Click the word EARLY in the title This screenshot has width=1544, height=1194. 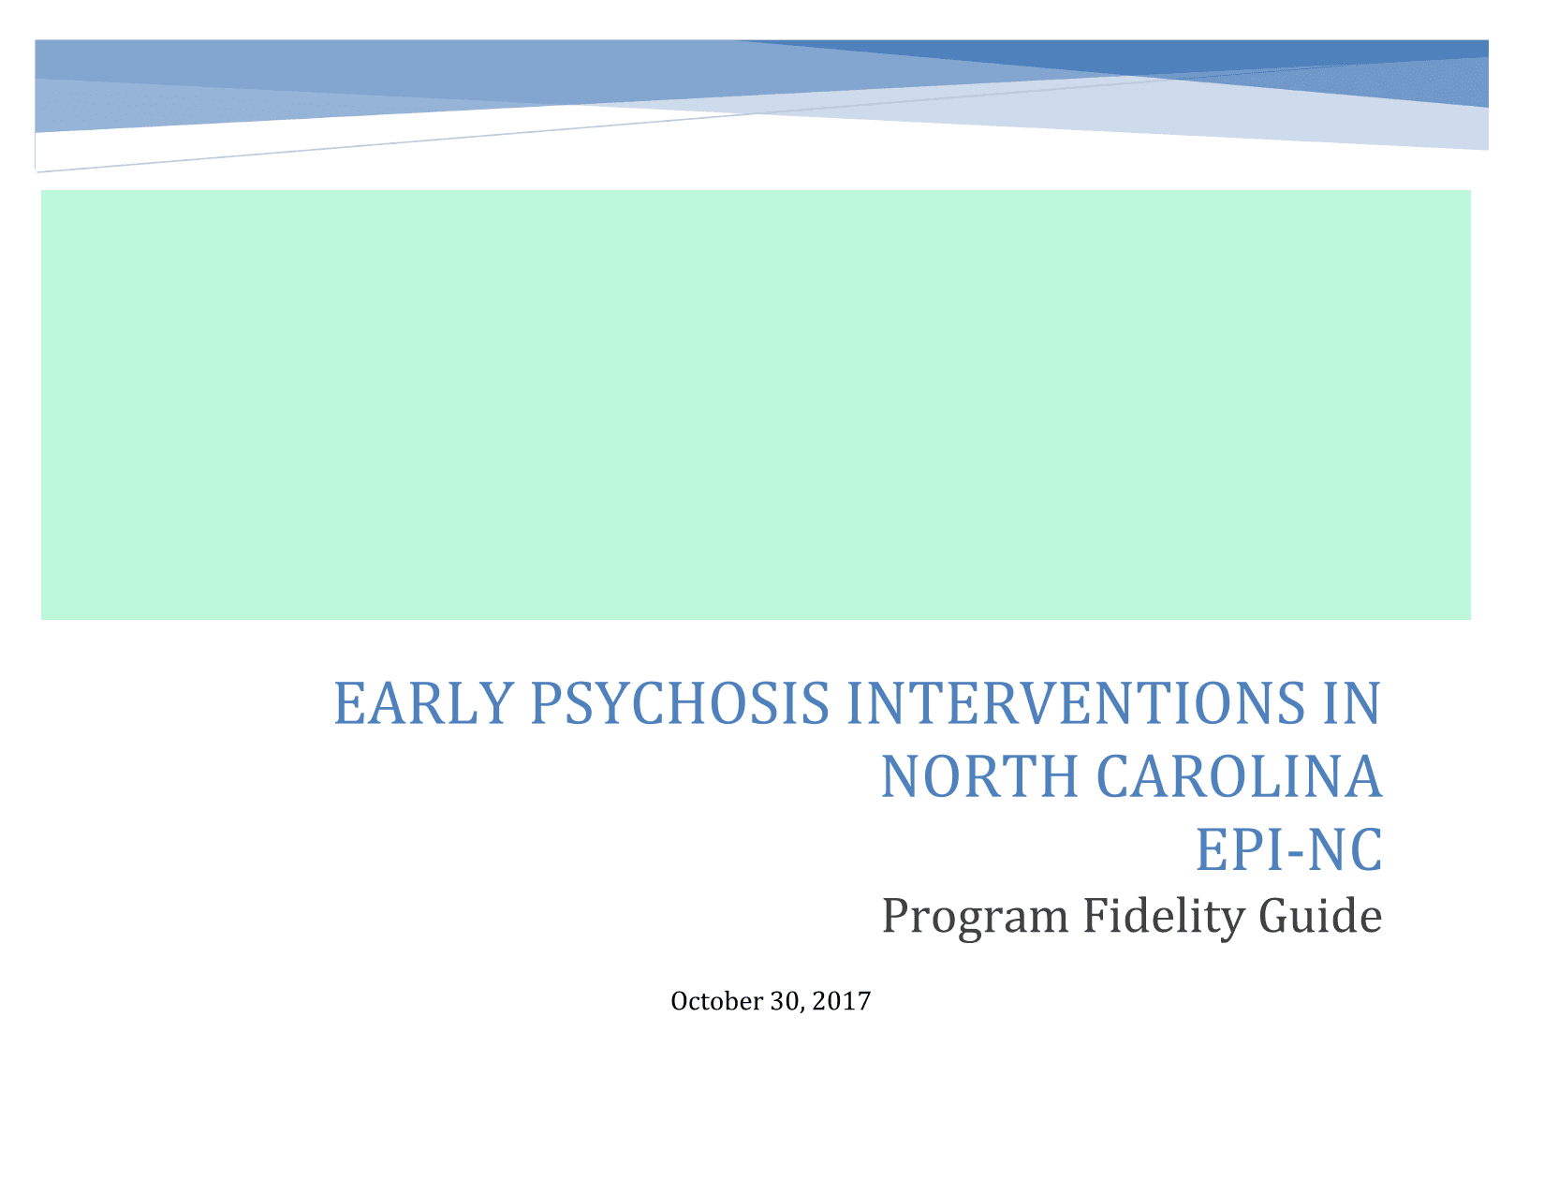[x=423, y=703]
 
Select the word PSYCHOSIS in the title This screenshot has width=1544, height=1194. [x=680, y=703]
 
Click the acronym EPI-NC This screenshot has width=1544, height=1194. [x=1289, y=849]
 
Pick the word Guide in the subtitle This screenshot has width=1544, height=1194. [x=1321, y=916]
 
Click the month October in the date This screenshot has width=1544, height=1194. [x=717, y=1001]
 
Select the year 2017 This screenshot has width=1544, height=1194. [x=841, y=1001]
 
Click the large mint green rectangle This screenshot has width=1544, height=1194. [x=756, y=405]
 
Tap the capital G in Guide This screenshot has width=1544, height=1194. [x=1277, y=916]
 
